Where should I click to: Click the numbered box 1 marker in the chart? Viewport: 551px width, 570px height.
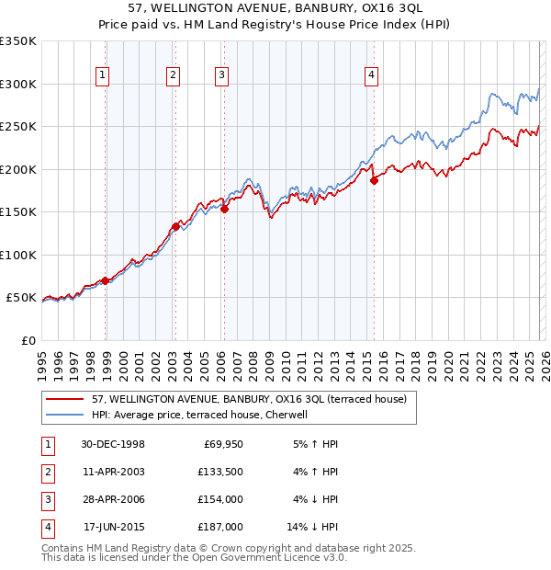[102, 76]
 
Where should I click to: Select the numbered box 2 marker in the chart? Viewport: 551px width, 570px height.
[172, 76]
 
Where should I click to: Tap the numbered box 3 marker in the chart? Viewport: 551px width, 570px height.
[222, 76]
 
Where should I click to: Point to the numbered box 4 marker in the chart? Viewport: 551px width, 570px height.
[371, 76]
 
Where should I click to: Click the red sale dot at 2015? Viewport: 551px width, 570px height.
[374, 181]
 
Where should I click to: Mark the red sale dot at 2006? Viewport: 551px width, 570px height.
[224, 209]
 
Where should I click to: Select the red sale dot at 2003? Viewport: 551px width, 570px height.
[174, 225]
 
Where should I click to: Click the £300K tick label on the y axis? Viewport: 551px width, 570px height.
[18, 84]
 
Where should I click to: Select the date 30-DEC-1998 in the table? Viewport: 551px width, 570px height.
[114, 444]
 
